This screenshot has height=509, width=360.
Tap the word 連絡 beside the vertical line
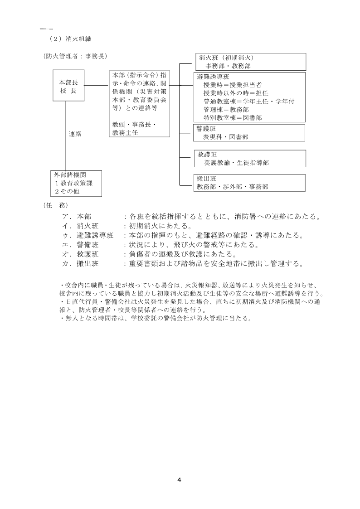click(x=75, y=134)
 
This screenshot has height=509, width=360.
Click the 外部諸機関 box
click(x=76, y=183)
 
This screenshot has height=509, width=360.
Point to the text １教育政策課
click(x=74, y=183)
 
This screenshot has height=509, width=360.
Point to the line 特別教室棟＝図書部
click(x=233, y=117)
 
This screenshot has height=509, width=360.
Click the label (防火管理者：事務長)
click(x=76, y=56)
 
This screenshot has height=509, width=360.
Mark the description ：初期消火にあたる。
click(x=159, y=226)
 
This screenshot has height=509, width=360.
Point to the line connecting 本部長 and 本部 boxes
click(x=97, y=86)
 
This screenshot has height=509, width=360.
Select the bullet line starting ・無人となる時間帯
click(x=155, y=318)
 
